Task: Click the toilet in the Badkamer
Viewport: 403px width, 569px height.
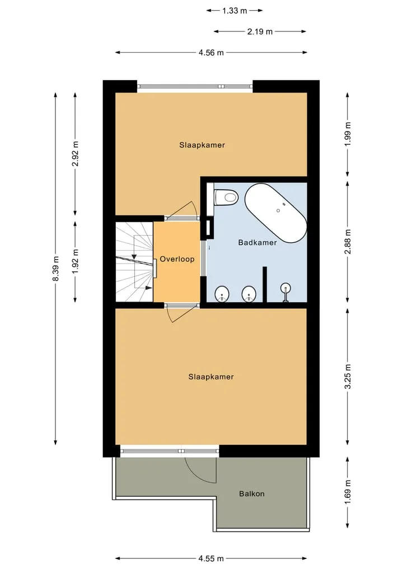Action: tap(226, 197)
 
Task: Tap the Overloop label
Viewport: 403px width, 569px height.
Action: tap(177, 259)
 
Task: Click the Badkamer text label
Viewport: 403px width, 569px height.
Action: tap(257, 242)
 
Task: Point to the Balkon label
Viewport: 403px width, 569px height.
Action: tap(252, 493)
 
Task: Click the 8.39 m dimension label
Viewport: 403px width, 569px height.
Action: tap(55, 269)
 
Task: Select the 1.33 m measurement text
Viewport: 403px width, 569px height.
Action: tap(235, 11)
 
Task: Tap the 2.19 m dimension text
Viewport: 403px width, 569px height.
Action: tap(260, 31)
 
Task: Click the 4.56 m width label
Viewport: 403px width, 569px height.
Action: tap(212, 53)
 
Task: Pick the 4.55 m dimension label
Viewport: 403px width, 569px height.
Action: tap(211, 558)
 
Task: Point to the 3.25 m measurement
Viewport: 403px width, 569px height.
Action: tap(348, 377)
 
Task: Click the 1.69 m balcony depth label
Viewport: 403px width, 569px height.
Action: tap(348, 492)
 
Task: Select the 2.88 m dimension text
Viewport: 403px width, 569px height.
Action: tap(348, 242)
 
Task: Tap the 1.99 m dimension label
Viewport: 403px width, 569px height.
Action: tap(348, 134)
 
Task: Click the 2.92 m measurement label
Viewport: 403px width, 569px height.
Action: tap(75, 153)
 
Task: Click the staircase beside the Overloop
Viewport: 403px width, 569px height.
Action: tap(134, 261)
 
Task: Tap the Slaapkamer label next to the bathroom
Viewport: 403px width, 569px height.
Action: tap(202, 145)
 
